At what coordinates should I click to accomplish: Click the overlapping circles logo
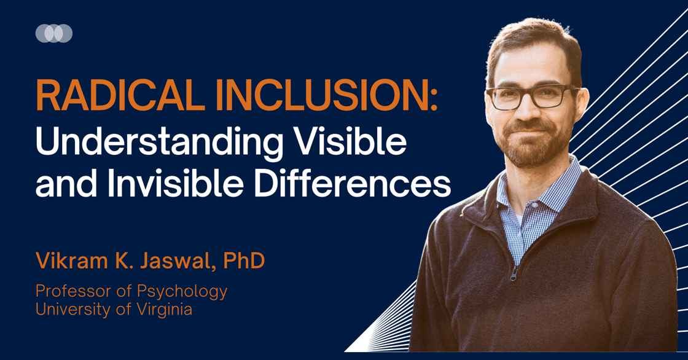[x=54, y=33]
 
